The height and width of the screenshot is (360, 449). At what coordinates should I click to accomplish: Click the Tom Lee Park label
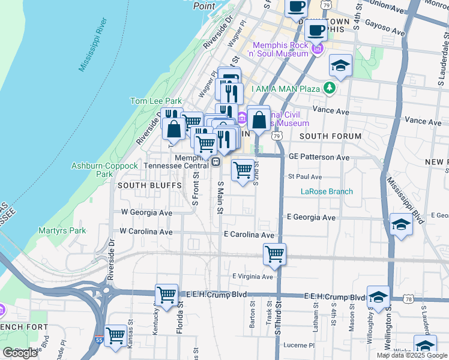(x=155, y=101)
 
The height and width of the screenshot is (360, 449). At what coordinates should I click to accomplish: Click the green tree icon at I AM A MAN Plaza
(x=328, y=89)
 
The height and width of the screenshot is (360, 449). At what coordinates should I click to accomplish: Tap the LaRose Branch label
(x=327, y=192)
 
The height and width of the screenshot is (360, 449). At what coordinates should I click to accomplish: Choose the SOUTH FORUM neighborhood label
(x=330, y=136)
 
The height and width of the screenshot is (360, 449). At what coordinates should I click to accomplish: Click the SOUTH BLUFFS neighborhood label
(x=141, y=185)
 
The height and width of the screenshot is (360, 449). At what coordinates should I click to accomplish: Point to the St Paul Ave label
(x=305, y=177)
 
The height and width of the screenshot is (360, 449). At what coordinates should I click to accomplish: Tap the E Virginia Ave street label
(x=253, y=277)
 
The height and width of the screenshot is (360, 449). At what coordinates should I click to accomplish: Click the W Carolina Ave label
(x=146, y=231)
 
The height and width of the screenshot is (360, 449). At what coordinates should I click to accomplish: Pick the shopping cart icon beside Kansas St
(x=115, y=335)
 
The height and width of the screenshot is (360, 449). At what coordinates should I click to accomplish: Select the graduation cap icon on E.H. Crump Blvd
(x=378, y=296)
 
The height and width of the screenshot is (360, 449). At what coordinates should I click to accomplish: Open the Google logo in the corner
(x=20, y=353)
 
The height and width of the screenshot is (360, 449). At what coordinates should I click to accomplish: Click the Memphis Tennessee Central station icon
(x=214, y=161)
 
